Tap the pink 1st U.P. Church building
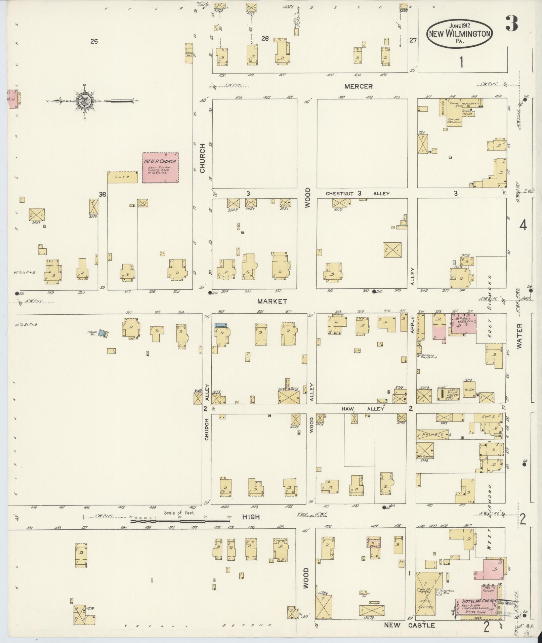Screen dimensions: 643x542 pos(160,167)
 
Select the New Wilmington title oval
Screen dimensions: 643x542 pos(460,34)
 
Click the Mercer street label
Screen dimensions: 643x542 pos(358,86)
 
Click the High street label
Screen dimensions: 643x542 pos(251,517)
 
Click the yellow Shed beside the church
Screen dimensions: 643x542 pos(123,177)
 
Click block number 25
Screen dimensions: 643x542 pos(94,41)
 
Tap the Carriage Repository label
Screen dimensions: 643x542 pos(454,121)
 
